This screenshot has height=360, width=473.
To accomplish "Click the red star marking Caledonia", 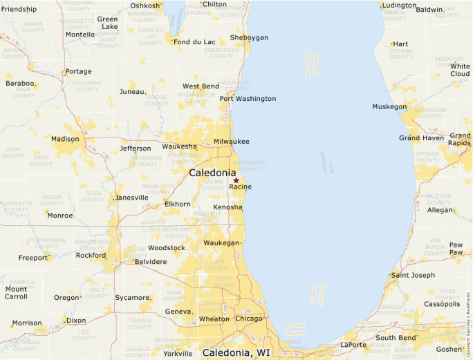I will pyautogui.click(x=236, y=180).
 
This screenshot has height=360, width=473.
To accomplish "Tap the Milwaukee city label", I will pyautogui.click(x=232, y=142).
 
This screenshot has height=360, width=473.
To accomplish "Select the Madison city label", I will pyautogui.click(x=65, y=139).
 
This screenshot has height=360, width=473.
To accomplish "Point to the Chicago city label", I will pyautogui.click(x=249, y=319).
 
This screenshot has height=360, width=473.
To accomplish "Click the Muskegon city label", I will pyautogui.click(x=389, y=107).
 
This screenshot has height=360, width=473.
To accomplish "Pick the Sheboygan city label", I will pyautogui.click(x=249, y=38).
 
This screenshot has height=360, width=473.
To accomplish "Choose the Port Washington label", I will pyautogui.click(x=248, y=99).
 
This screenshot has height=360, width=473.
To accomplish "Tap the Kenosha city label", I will pyautogui.click(x=228, y=207).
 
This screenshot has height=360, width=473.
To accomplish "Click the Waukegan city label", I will pyautogui.click(x=221, y=243).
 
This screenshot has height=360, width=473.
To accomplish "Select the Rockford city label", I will pyautogui.click(x=91, y=256).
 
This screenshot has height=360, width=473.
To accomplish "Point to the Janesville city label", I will pyautogui.click(x=131, y=198).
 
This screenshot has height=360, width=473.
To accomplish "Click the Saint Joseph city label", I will pyautogui.click(x=413, y=275).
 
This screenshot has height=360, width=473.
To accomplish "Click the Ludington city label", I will pyautogui.click(x=399, y=6).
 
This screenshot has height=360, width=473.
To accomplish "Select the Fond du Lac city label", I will pyautogui.click(x=194, y=42).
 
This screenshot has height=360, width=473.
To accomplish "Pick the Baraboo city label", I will pyautogui.click(x=19, y=84).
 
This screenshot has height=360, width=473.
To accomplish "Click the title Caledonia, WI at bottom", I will pyautogui.click(x=236, y=353).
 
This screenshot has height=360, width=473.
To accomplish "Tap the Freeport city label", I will pyautogui.click(x=33, y=258).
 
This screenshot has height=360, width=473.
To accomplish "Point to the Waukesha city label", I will pyautogui.click(x=179, y=146).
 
